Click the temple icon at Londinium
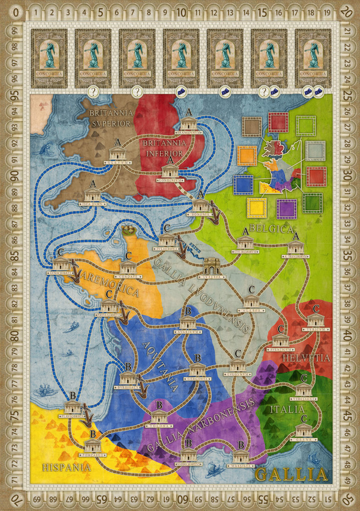(170, 171)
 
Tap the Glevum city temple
(117, 153)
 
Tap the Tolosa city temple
(159, 417)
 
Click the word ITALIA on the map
(287, 409)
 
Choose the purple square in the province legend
(287, 209)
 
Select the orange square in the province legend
(247, 156)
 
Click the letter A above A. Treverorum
(296, 236)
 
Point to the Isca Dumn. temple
(92, 195)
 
